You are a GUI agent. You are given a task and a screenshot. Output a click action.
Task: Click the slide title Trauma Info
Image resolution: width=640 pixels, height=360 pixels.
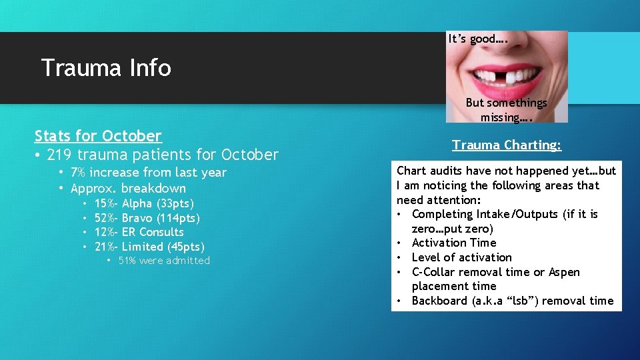point(106,68)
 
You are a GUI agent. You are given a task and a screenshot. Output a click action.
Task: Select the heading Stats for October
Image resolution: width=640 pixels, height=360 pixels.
point(98,136)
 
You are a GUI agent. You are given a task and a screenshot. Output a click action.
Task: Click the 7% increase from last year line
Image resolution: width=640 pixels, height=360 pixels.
point(148,173)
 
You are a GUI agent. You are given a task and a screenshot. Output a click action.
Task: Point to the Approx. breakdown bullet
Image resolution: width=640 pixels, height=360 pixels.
point(128,188)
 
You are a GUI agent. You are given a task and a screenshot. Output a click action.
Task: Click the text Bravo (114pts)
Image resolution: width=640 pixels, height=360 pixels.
point(161,218)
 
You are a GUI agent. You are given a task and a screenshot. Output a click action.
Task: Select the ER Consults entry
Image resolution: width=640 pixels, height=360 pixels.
point(153,232)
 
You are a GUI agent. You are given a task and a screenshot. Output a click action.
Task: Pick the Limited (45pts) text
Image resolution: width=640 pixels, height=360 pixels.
point(163,247)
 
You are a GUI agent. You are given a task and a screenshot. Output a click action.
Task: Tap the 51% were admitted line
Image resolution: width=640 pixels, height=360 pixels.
point(163,261)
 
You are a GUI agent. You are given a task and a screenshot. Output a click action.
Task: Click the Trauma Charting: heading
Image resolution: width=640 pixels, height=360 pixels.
point(507,145)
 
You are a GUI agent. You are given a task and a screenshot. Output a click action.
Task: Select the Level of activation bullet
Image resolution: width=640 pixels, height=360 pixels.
point(461,257)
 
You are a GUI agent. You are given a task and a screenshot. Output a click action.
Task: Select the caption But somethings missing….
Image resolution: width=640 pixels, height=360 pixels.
point(506,110)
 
